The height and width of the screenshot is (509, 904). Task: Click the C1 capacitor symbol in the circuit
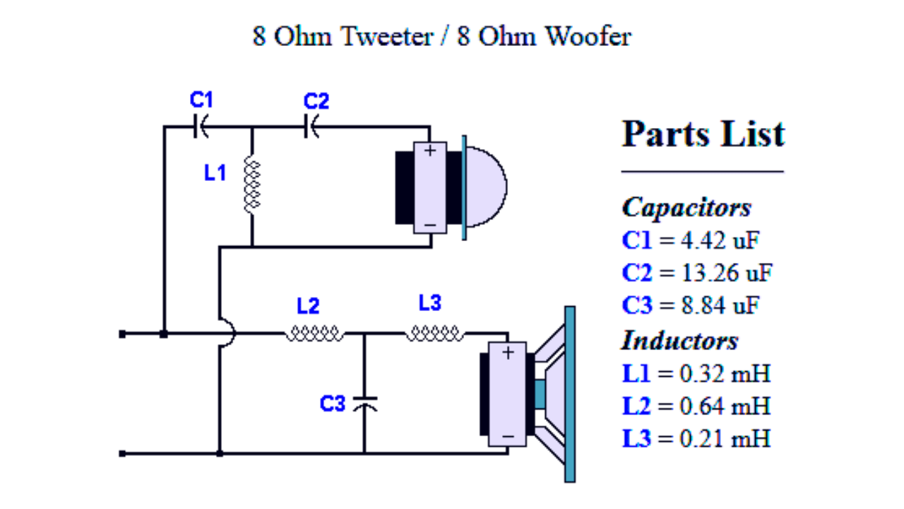coord(201,127)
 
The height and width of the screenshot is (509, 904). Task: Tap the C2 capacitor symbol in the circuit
coord(311,127)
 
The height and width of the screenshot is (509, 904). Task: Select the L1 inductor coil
coord(252,185)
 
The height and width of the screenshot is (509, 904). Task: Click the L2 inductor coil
coord(314,334)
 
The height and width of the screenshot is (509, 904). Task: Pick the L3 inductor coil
coord(434,334)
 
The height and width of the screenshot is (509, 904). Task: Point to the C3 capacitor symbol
coord(365,404)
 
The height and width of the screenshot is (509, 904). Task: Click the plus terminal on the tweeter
coord(430,151)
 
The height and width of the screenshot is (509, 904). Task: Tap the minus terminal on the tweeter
coord(430,225)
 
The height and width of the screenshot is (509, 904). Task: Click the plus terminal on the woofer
coord(508,353)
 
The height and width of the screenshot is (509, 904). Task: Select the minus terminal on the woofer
coord(508,437)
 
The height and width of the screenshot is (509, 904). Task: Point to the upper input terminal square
coord(122,334)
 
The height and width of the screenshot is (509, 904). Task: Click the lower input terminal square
coord(122,454)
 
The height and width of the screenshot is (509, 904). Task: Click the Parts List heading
coord(703,134)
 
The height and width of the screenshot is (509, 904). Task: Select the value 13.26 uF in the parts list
coord(727,273)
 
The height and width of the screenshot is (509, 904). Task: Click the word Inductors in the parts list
coord(679,341)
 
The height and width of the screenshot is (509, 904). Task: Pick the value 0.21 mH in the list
coord(725,438)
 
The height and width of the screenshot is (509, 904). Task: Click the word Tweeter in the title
coord(387,36)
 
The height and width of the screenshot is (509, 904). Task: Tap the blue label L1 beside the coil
coord(215,173)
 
